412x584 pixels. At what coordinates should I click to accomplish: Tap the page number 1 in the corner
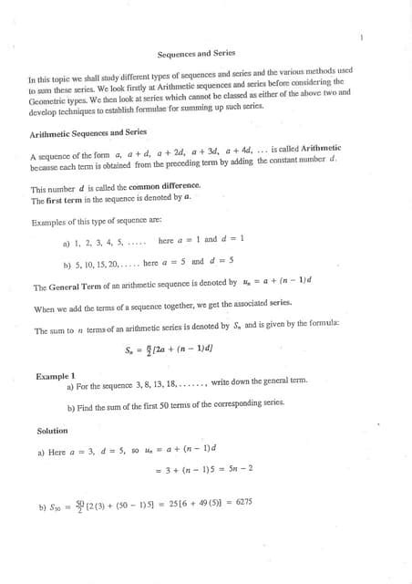(x=362, y=37)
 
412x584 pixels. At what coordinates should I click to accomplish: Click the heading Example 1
(x=56, y=375)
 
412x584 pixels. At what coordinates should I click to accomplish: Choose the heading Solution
(x=52, y=431)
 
